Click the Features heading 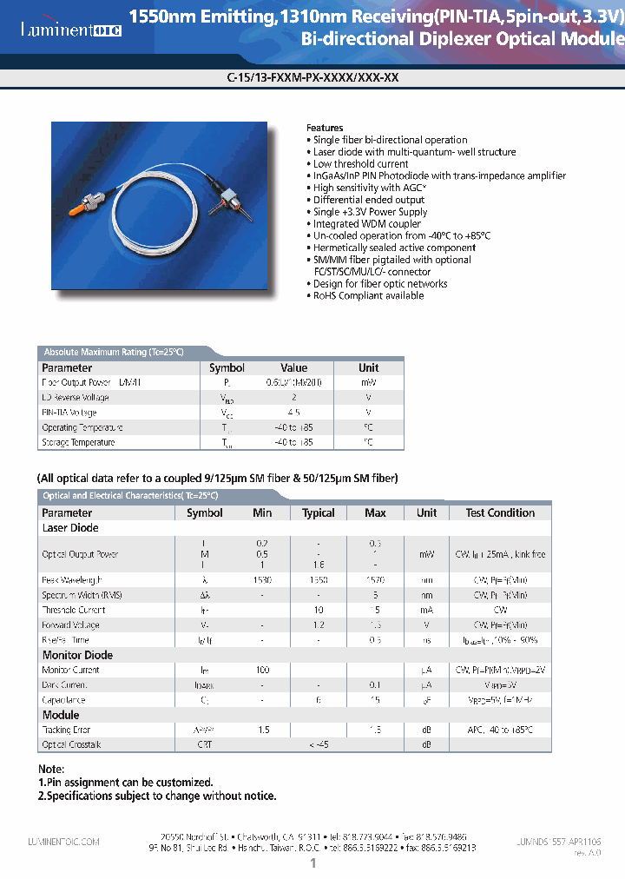326,128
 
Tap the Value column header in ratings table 294,368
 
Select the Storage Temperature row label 78,443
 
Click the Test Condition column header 500,513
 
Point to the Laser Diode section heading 70,528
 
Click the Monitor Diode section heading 77,656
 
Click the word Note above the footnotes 51,770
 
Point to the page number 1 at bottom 312,864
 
